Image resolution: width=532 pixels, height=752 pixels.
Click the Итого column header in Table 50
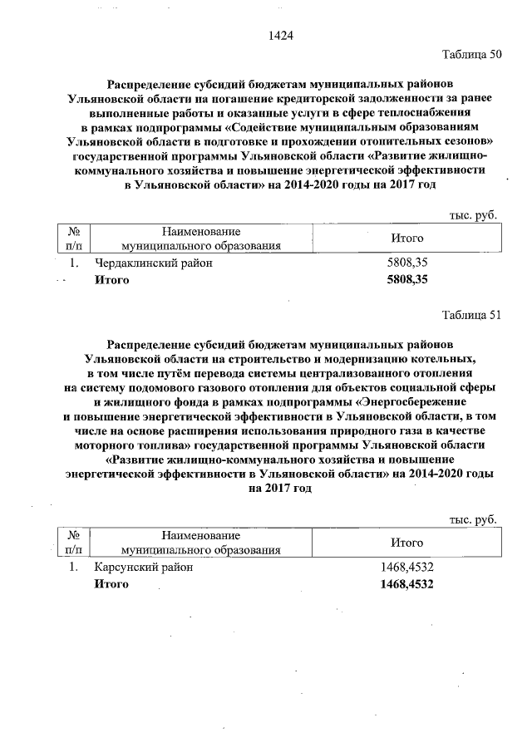point(407,238)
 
